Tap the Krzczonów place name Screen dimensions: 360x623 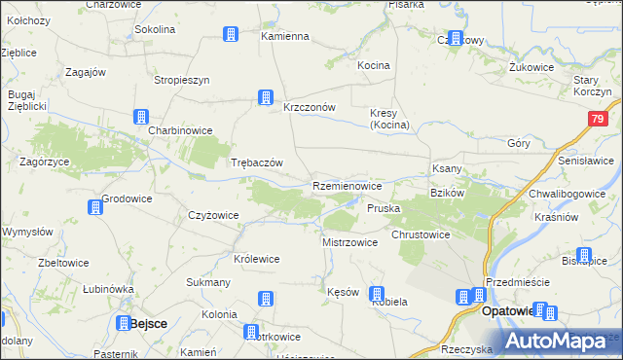309,108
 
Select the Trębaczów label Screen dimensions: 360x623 256,162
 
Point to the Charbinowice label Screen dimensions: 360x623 179,129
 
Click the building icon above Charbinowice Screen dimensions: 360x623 140,117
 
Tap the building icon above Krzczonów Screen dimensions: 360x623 264,96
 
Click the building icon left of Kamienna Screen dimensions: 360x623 231,35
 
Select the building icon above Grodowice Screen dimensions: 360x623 95,206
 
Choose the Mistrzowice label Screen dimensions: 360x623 349,242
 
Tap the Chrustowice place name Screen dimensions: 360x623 420,234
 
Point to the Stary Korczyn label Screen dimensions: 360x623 592,86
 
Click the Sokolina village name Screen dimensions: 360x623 155,29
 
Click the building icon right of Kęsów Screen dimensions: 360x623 377,294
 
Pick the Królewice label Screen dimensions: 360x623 257,259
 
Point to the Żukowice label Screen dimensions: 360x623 531,69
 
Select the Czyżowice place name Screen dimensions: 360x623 212,216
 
